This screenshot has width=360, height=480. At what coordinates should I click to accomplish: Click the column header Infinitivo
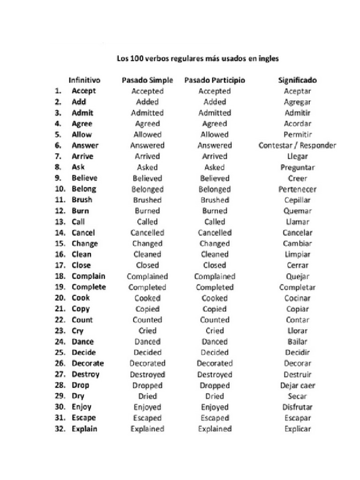[x=84, y=80]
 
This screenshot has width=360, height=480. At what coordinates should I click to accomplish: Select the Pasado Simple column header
[x=147, y=80]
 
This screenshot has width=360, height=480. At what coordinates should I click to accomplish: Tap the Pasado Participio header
[x=215, y=80]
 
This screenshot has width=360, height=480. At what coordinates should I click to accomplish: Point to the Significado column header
[x=297, y=80]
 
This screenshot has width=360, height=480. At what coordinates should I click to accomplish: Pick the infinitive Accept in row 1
[x=83, y=91]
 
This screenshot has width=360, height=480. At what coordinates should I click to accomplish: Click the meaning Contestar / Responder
[x=297, y=145]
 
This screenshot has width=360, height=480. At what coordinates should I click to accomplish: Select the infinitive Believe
[x=84, y=178]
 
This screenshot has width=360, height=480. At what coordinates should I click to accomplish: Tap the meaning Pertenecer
[x=297, y=189]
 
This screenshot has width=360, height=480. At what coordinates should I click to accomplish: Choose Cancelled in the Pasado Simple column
[x=147, y=233]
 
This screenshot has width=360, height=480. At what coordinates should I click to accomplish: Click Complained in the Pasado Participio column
[x=215, y=277]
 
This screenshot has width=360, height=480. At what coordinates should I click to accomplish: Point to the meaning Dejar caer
[x=297, y=386]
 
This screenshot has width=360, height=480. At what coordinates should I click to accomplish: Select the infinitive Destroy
[x=85, y=375]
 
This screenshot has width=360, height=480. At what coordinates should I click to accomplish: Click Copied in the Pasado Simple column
[x=147, y=309]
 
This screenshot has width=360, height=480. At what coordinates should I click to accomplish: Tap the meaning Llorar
[x=297, y=331]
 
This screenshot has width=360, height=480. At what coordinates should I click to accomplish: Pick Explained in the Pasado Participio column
[x=215, y=429]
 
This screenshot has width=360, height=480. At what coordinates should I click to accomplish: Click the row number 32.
[x=60, y=429]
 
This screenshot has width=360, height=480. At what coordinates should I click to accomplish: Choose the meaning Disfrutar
[x=297, y=407]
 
